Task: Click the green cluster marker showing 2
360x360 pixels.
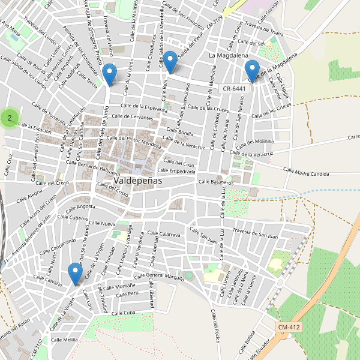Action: coord(9,118)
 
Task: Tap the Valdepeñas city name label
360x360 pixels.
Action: coord(133,180)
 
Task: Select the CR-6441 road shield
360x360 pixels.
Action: coord(234,89)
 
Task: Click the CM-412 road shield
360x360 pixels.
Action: coord(289,327)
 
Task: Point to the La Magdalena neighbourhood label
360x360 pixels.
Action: coord(229,55)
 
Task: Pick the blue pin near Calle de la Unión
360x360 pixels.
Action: coord(109,74)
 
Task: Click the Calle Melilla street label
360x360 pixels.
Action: coord(64,340)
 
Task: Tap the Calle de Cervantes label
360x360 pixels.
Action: coord(133,116)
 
